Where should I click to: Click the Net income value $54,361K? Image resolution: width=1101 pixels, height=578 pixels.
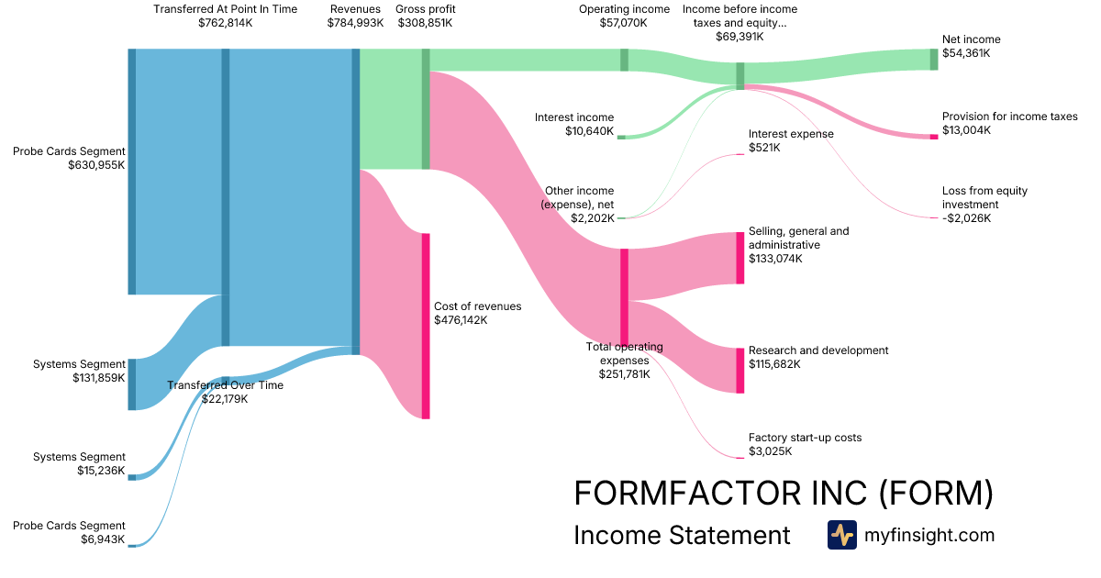coord(966,53)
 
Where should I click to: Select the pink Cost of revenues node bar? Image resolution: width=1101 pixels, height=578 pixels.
coord(426,326)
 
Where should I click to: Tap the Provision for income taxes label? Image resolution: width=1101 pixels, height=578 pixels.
coord(1009,117)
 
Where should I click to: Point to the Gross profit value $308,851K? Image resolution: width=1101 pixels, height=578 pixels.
coord(425,23)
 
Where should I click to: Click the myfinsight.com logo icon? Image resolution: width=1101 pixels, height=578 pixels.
coord(841,535)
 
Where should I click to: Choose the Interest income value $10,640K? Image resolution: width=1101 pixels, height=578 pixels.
coord(590,131)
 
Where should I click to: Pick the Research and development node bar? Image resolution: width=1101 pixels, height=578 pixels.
coord(740,371)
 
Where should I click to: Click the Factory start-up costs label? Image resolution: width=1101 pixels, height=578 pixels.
coord(805,438)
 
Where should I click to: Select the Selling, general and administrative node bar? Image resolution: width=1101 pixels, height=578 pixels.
coord(740,258)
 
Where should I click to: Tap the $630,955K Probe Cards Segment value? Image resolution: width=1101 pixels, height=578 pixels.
coord(96,165)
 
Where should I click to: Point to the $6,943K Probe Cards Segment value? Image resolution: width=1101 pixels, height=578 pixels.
coord(103,539)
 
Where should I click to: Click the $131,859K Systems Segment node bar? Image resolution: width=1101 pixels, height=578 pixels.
coord(132,384)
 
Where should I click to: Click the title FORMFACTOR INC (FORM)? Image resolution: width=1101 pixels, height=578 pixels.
coord(783,494)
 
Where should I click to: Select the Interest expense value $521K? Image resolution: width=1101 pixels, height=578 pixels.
coord(764,148)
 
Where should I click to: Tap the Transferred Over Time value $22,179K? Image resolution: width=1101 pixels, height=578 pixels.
coord(225,398)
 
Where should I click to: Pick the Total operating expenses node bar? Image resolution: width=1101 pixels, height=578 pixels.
coord(624,296)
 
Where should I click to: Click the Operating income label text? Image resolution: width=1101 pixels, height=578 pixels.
coord(624,9)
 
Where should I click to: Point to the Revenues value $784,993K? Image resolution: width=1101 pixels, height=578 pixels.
coord(355,23)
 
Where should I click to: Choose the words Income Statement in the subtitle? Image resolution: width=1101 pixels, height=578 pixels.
coord(682,535)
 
